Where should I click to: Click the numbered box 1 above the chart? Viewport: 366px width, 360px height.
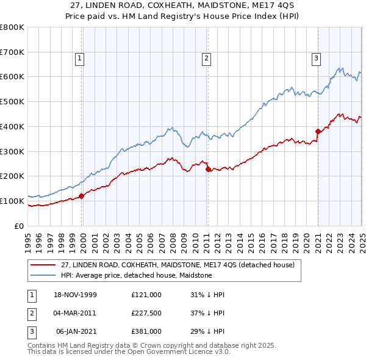click(x=80, y=59)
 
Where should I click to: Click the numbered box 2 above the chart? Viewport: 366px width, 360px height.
click(x=207, y=59)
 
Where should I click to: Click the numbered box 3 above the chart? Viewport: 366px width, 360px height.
click(x=317, y=59)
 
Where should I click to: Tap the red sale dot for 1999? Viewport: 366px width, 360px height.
click(x=82, y=196)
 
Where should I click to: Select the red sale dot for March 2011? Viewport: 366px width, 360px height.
click(x=208, y=169)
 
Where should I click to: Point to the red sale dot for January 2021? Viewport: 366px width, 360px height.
click(x=318, y=131)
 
